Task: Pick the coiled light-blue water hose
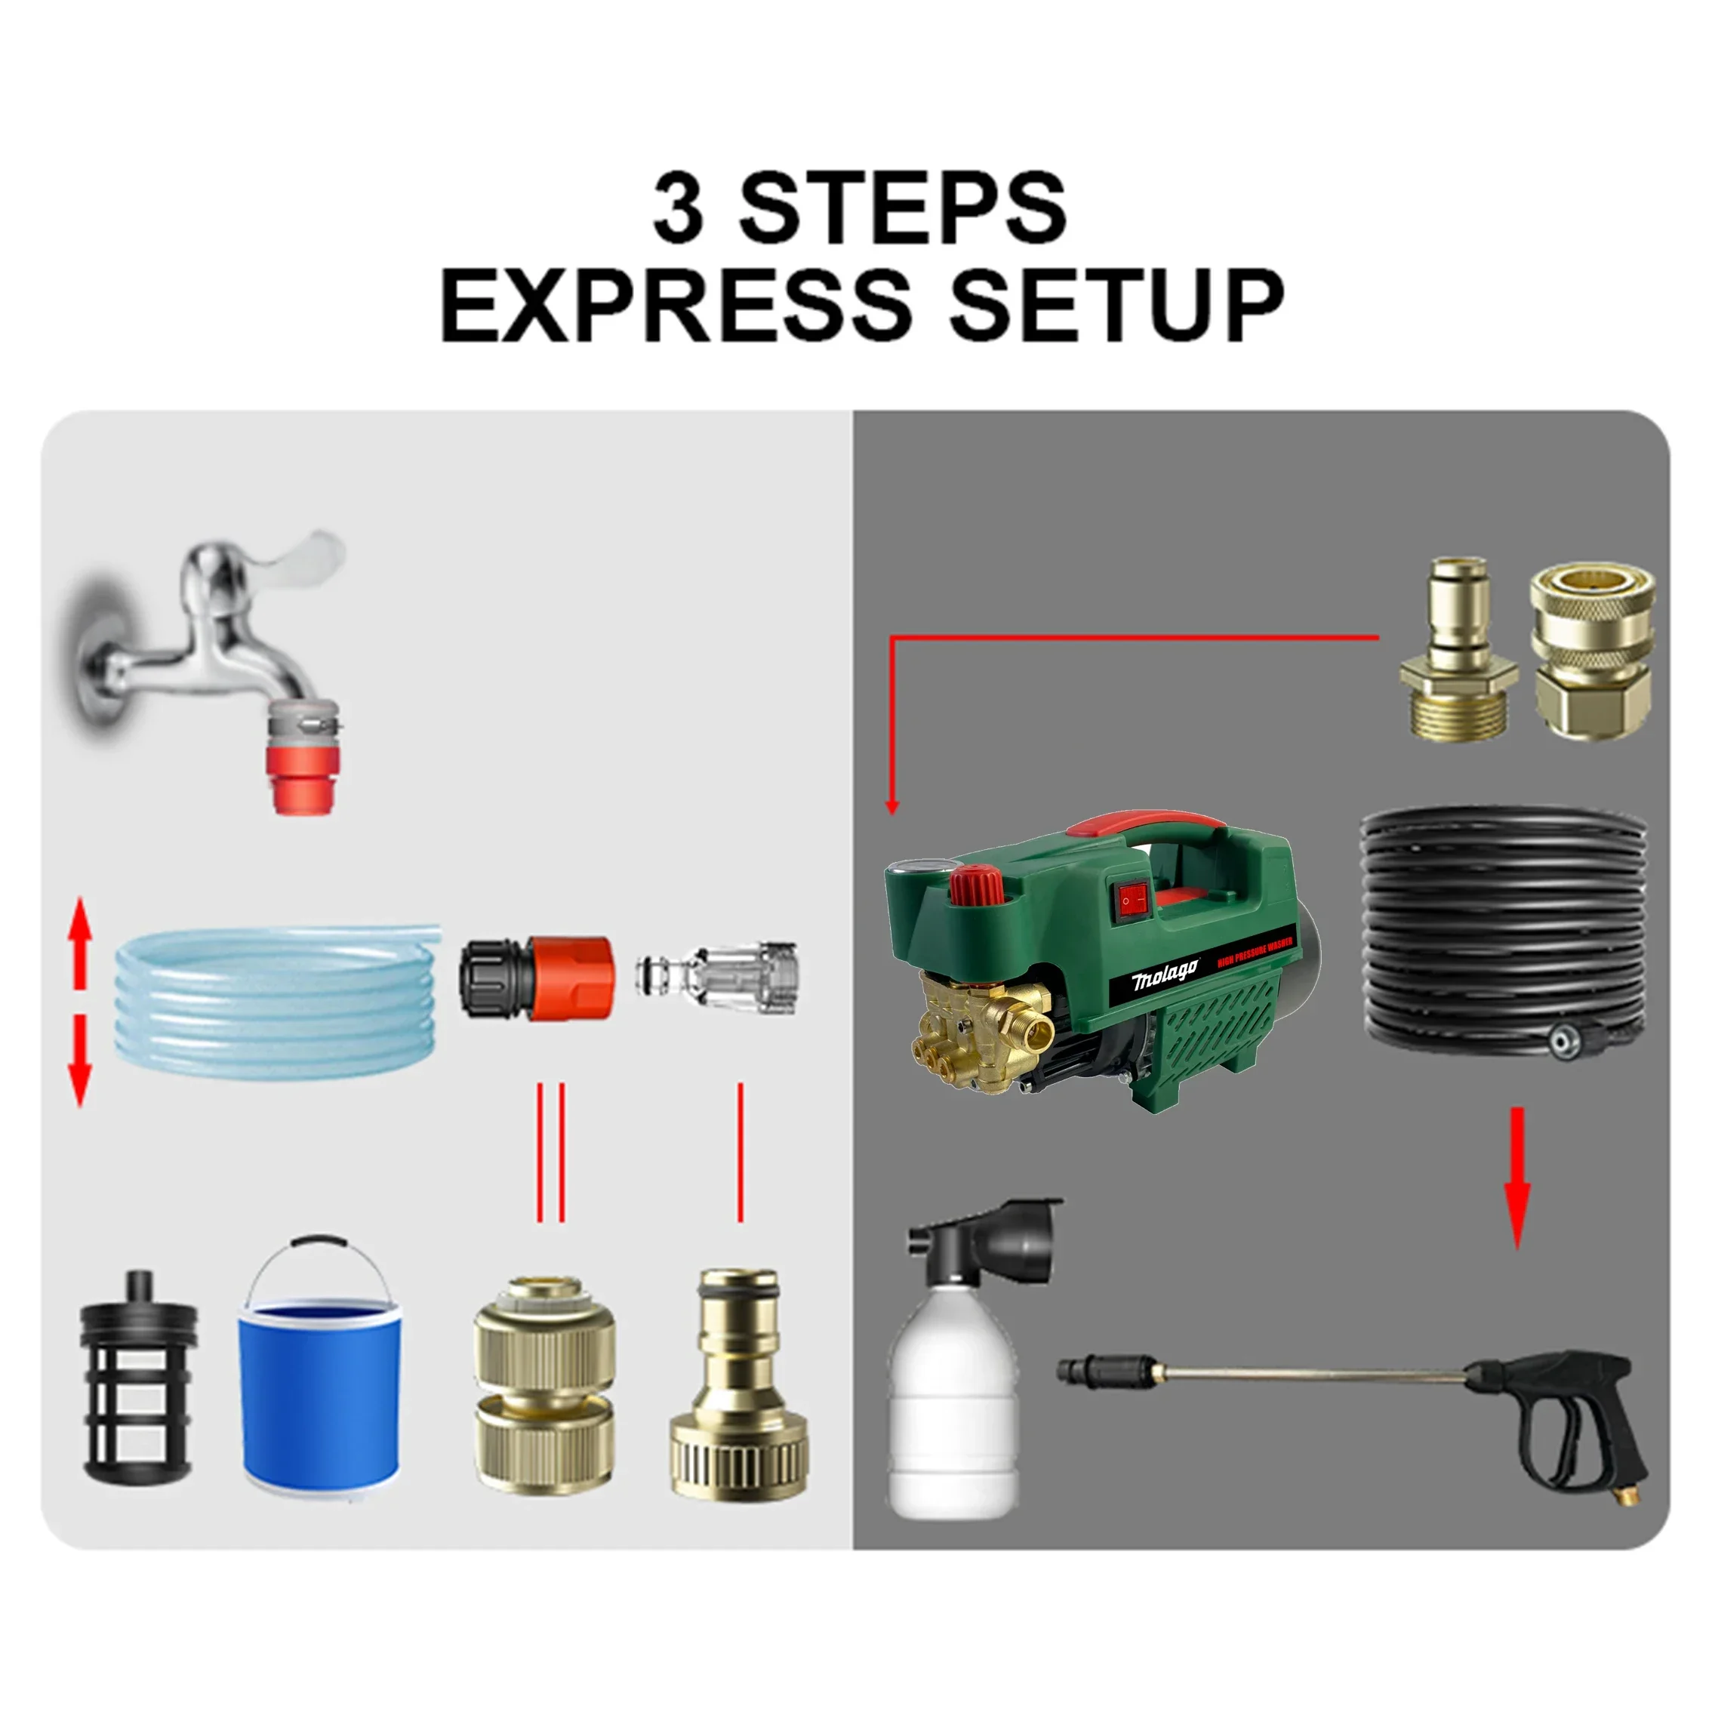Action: (275, 1002)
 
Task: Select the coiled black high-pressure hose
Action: (1503, 931)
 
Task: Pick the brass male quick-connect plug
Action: (1458, 656)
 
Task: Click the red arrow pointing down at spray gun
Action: (1517, 1178)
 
